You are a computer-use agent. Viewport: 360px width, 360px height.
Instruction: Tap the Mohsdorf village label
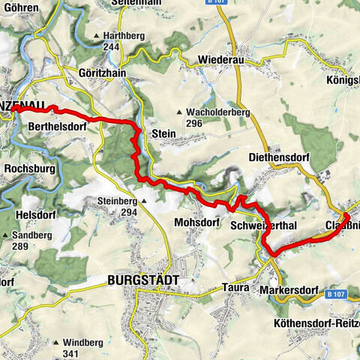tap(196, 223)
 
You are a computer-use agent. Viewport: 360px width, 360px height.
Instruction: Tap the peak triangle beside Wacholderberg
tap(178, 113)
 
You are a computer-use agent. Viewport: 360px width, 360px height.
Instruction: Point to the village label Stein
tap(163, 133)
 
